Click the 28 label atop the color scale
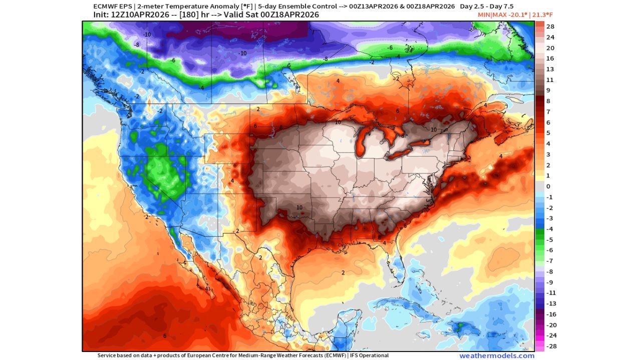coord(550,26)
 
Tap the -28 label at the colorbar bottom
coord(549,346)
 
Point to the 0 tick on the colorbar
coord(548,186)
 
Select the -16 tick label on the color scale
coord(549,314)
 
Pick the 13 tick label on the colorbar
coord(549,69)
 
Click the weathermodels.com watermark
coord(497,355)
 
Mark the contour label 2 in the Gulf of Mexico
coord(343,272)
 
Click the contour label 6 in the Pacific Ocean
coord(165,335)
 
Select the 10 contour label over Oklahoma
coord(299,207)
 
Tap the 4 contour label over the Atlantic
coord(501,156)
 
